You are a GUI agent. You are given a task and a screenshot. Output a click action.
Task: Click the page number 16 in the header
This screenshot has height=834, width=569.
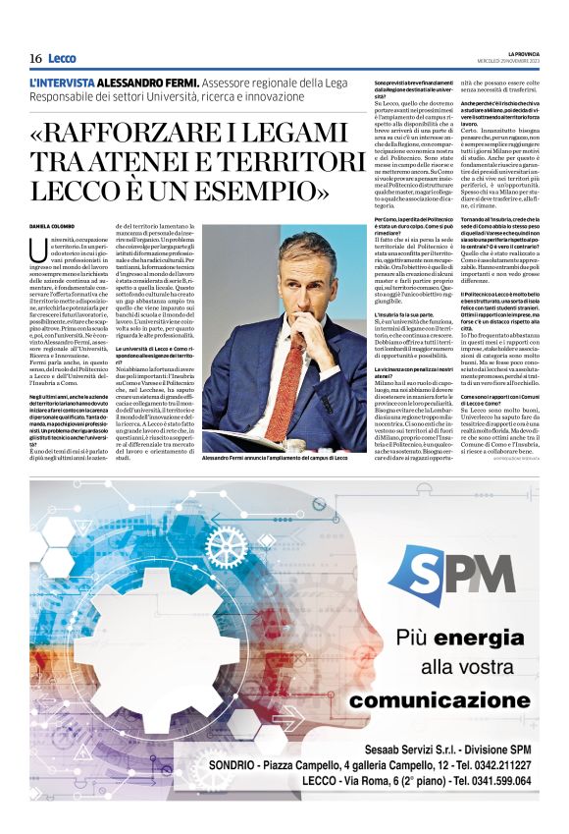click(x=35, y=58)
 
